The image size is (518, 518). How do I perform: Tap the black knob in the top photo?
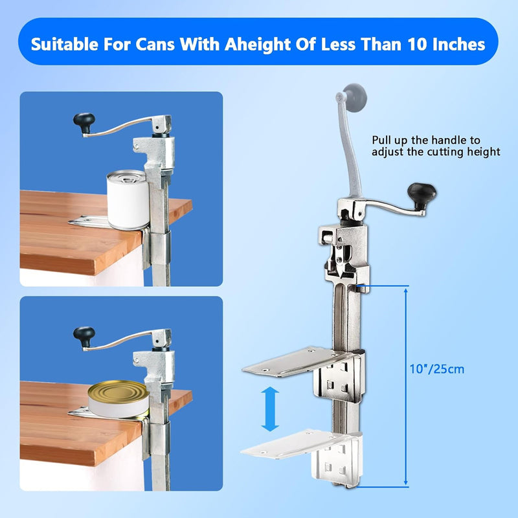84,122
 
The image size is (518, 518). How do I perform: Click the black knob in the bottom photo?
84,335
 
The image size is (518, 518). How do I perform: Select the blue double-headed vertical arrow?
270,410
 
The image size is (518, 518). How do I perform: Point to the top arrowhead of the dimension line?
407,289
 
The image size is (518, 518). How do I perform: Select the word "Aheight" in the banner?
250,45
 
